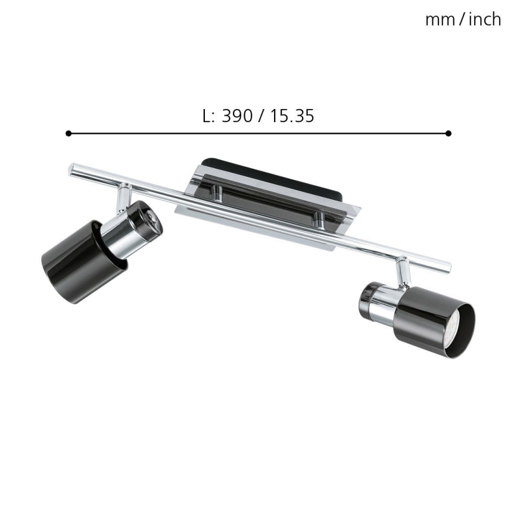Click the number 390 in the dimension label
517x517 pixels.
236,116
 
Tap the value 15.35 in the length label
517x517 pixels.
291,116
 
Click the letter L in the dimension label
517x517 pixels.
207,116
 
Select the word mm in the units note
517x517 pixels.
438,20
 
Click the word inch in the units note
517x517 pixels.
484,20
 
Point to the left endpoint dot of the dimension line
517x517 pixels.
68,133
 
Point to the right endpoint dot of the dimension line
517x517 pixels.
448,133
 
